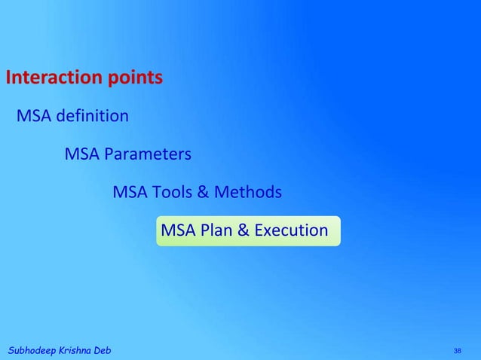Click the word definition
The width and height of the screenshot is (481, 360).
[90, 117]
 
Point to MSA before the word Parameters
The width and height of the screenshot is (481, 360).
[81, 155]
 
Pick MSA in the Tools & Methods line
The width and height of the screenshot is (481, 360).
[130, 193]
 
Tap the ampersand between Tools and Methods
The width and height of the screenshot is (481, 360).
[203, 193]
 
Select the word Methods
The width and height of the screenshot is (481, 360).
[248, 193]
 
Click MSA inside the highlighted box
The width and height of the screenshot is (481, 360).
[178, 230]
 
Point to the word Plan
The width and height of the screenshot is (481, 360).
[217, 230]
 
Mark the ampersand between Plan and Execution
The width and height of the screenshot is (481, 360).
[244, 230]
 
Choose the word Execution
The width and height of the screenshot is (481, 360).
[291, 230]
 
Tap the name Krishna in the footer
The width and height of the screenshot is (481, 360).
[75, 352]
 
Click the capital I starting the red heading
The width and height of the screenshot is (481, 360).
[8, 78]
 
